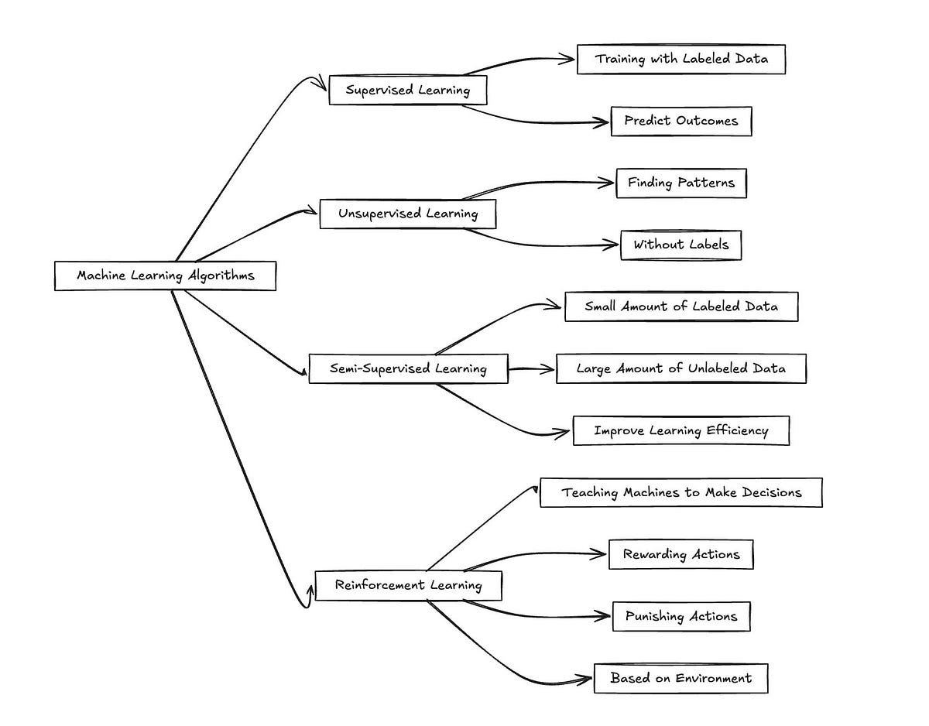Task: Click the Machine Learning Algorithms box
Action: tap(165, 276)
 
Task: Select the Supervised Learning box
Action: tap(408, 90)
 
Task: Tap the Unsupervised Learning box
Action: tap(408, 214)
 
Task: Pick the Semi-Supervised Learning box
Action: tap(408, 368)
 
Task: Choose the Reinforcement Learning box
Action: tap(408, 585)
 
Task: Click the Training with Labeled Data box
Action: tap(681, 59)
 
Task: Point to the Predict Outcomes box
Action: tap(681, 121)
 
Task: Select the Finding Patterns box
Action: tap(681, 183)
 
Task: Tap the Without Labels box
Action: tap(681, 245)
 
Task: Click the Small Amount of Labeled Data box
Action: tap(681, 306)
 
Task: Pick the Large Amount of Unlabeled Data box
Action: tap(681, 368)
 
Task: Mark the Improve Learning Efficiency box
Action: tap(681, 430)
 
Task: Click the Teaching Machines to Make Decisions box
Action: tap(681, 492)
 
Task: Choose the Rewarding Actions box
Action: tap(681, 554)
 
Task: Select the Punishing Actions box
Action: tap(681, 617)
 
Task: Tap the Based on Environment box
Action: tap(681, 678)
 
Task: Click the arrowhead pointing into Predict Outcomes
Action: tap(602, 122)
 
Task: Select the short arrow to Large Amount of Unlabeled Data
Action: tap(531, 369)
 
